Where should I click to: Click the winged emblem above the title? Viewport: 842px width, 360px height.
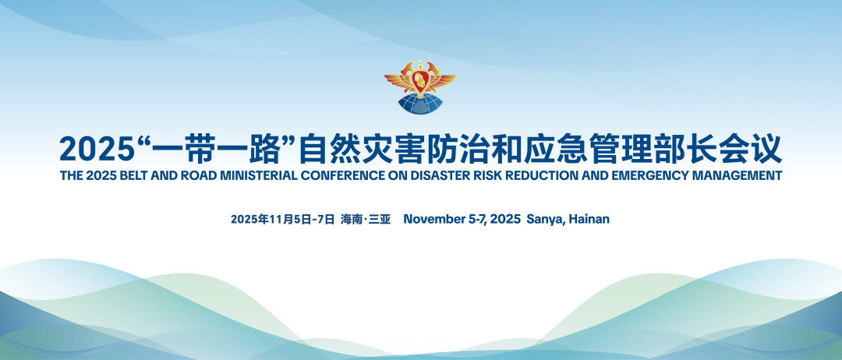[420, 87]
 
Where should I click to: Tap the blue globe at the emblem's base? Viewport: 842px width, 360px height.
[420, 104]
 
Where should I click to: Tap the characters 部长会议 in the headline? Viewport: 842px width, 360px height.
[726, 149]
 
